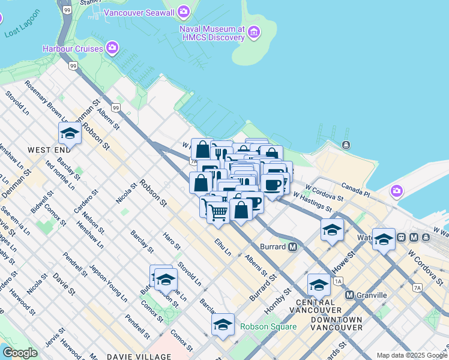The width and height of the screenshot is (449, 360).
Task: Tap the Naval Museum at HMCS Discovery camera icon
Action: (255, 31)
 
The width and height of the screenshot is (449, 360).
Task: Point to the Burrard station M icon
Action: (293, 247)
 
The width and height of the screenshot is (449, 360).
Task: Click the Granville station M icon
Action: (349, 295)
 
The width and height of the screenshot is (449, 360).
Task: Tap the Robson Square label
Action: (268, 326)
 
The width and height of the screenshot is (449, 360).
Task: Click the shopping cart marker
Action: (218, 211)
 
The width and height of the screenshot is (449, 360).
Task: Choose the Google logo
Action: (20, 353)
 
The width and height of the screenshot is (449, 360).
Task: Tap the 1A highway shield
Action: (339, 281)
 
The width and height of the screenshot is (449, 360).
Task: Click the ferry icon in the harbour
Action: (346, 145)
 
